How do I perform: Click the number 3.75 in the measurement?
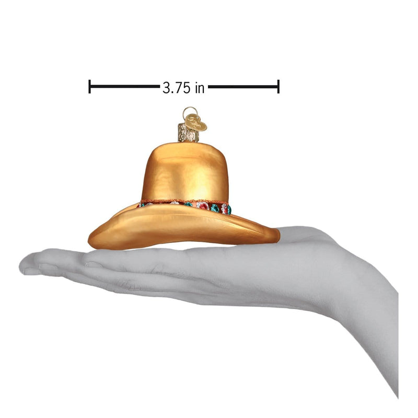177,87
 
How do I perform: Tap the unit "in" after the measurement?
199,87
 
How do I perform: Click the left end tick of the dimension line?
90,87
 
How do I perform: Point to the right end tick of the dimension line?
278,87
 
